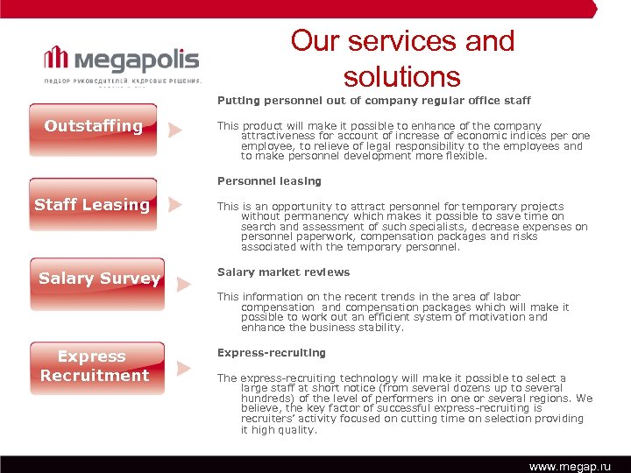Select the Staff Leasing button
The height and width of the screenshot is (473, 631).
(x=93, y=206)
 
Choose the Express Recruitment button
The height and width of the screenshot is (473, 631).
(x=94, y=367)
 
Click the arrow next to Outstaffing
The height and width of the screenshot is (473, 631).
(x=175, y=131)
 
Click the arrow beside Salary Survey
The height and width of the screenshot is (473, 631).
(x=183, y=284)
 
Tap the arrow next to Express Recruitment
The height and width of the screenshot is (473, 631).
(x=183, y=369)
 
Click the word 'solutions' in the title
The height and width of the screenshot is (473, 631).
(x=402, y=77)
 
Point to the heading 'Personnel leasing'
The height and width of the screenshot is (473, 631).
(x=269, y=181)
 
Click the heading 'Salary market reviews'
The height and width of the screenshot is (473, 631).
(x=283, y=272)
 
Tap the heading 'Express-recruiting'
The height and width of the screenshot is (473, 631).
(x=271, y=353)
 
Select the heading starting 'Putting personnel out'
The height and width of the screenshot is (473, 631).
(x=373, y=101)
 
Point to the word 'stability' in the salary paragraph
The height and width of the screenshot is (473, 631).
(x=379, y=328)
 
